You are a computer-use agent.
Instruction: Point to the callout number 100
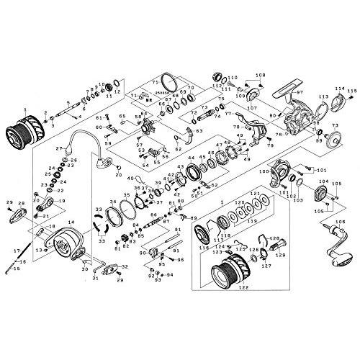pyautogui.click(x=264, y=171)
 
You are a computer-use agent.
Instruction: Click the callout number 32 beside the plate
pyautogui.click(x=127, y=266)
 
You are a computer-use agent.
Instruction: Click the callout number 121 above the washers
pyautogui.click(x=253, y=194)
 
